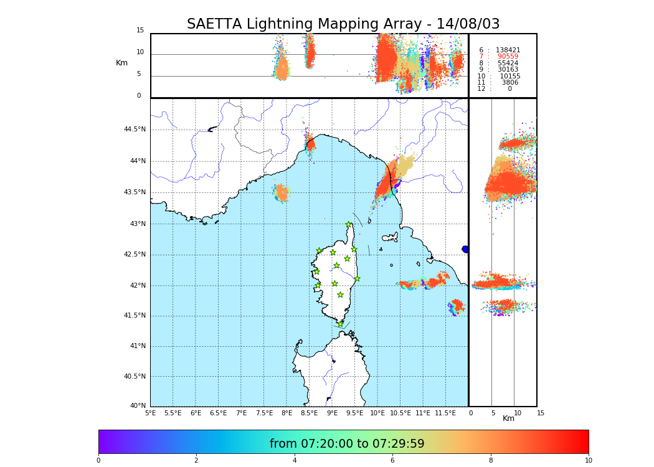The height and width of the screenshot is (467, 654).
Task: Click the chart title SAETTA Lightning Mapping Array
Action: click(x=343, y=24)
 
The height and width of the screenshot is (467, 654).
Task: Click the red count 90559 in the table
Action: click(x=508, y=57)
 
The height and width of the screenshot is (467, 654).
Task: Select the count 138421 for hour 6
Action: click(x=508, y=50)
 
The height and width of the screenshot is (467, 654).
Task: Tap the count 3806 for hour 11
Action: click(x=509, y=83)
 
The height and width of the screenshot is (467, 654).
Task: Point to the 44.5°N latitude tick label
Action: click(x=135, y=130)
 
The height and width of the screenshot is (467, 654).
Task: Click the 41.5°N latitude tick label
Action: click(x=135, y=316)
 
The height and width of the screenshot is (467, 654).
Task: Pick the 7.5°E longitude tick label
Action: click(x=264, y=413)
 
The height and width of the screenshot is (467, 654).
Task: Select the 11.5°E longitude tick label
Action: click(x=445, y=413)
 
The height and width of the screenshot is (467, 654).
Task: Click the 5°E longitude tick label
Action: click(x=151, y=413)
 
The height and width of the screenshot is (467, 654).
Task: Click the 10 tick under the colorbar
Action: click(x=588, y=461)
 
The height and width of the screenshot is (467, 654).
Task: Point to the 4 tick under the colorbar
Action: click(x=295, y=461)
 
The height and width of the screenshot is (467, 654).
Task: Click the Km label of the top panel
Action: click(x=121, y=63)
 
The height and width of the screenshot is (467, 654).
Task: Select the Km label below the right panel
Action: click(x=509, y=418)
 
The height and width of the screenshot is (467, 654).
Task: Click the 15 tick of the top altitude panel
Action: click(x=140, y=31)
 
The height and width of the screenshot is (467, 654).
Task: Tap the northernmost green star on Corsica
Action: click(x=348, y=225)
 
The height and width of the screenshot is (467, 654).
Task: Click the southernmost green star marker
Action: click(x=340, y=324)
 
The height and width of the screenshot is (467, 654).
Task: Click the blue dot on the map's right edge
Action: click(x=465, y=249)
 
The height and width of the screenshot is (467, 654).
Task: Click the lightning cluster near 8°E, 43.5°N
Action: click(x=282, y=192)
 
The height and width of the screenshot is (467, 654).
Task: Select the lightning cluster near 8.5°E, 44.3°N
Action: click(x=310, y=144)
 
